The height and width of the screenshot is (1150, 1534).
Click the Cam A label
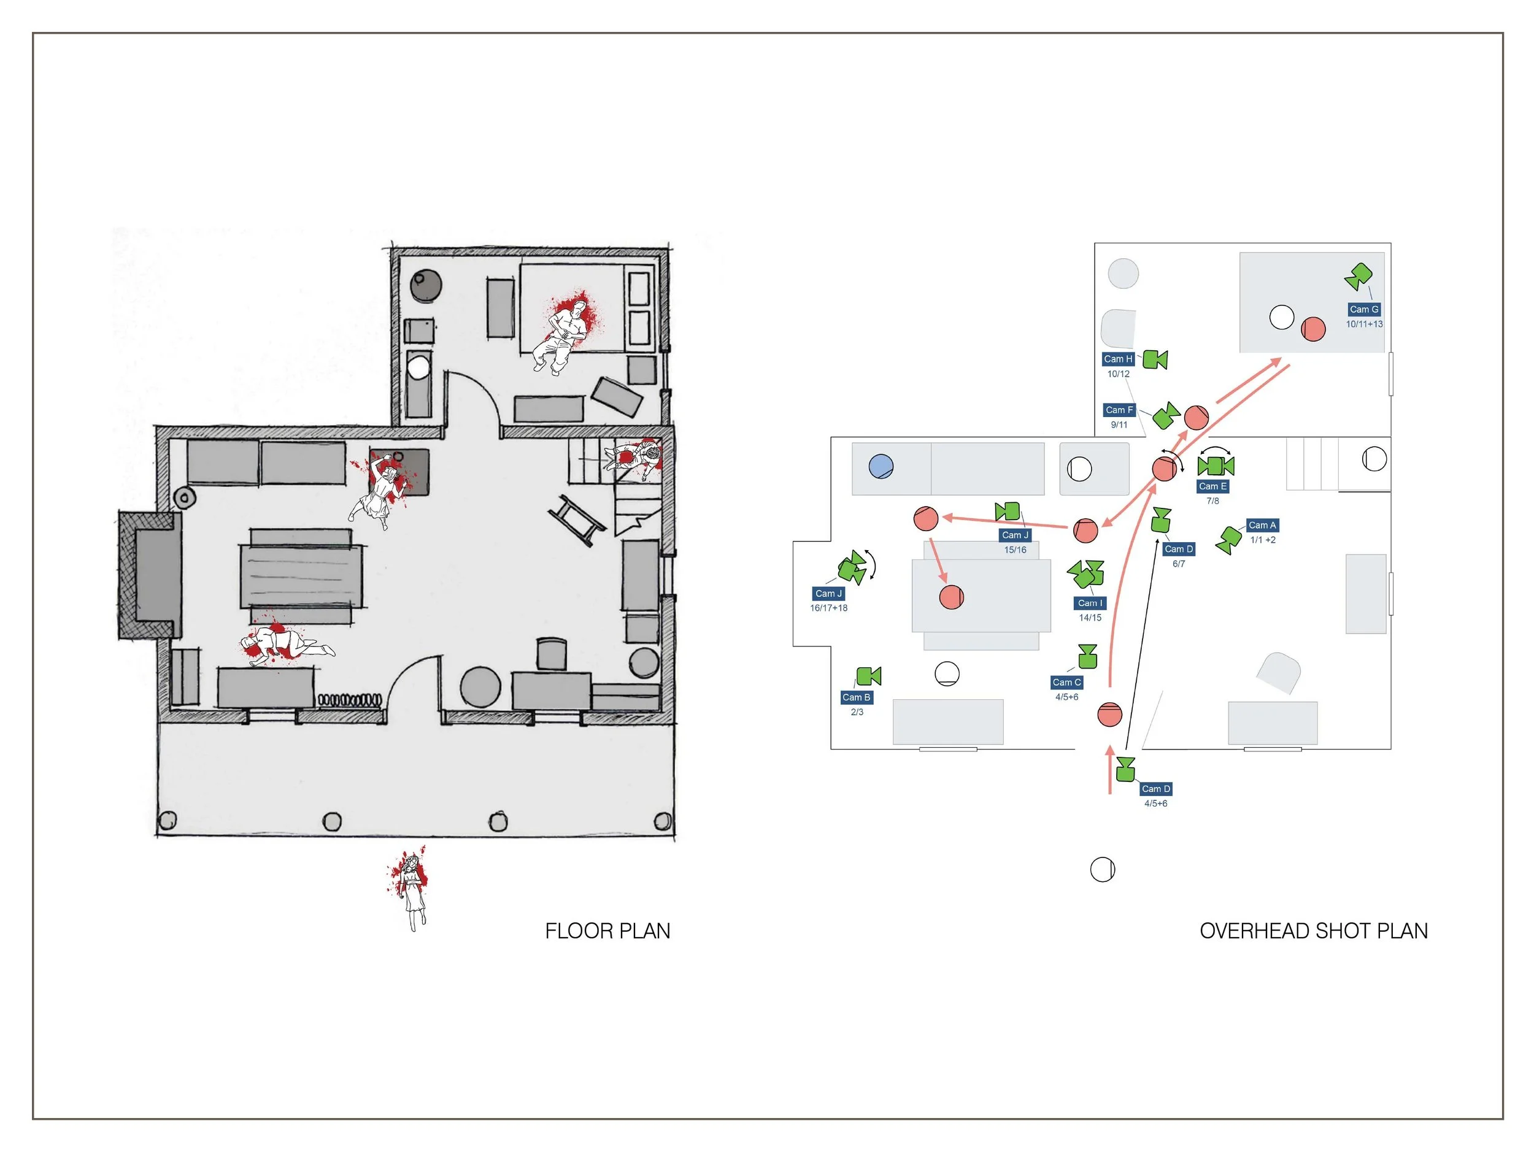pos(1262,526)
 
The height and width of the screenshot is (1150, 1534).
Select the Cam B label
pos(857,697)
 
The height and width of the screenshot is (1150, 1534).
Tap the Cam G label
pos(1363,309)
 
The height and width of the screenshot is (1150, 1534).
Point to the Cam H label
pos(1118,359)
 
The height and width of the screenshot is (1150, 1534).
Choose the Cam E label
pos(1212,486)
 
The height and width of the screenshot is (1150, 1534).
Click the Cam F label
pos(1119,410)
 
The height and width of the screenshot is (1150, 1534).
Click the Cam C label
pos(1066,683)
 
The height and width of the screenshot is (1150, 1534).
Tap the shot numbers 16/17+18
pos(829,608)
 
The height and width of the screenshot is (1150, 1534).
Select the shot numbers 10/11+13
pos(1364,324)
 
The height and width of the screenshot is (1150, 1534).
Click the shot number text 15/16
pos(1016,550)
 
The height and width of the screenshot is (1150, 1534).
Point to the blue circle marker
pos(881,467)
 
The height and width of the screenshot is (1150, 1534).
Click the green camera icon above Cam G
pos(1359,276)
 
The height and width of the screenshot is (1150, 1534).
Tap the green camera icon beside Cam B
pos(868,676)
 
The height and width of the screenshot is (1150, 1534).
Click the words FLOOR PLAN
pos(607,931)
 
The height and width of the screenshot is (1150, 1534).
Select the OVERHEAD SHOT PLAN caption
pos(1314,931)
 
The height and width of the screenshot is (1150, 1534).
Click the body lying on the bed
pos(565,332)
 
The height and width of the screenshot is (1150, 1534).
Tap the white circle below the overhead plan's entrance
pos(1103,869)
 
